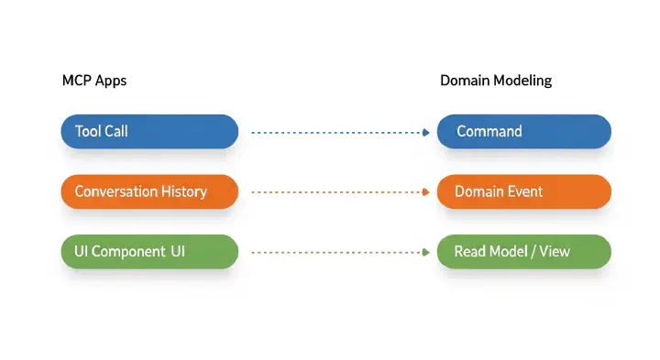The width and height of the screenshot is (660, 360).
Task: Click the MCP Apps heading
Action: [x=93, y=81]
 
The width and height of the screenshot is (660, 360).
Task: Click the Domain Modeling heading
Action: [x=496, y=81]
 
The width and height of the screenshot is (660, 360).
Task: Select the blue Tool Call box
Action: [x=149, y=131]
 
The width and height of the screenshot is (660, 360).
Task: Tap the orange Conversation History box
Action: [x=149, y=191]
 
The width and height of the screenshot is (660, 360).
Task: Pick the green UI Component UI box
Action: [x=149, y=251]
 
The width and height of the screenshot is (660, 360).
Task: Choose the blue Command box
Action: [x=523, y=131]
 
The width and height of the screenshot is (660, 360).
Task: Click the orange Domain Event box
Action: [x=523, y=191]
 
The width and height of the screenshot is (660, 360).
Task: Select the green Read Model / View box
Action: [x=523, y=251]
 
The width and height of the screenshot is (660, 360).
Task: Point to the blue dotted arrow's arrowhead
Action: [x=426, y=132]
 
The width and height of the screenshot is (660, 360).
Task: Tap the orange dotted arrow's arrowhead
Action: [x=426, y=192]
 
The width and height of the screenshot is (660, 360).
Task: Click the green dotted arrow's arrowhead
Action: [x=426, y=252]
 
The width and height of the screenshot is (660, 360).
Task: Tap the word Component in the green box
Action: [x=127, y=251]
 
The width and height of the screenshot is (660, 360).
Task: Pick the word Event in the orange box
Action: [x=525, y=191]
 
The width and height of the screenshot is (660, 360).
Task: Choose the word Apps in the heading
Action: [x=110, y=81]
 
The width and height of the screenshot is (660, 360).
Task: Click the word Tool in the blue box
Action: [x=88, y=131]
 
